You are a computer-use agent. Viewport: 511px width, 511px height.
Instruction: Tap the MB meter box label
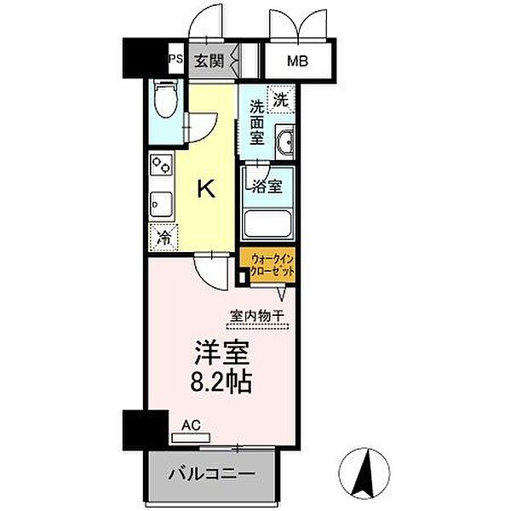click(x=296, y=61)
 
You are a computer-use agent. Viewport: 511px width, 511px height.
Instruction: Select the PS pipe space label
click(x=175, y=59)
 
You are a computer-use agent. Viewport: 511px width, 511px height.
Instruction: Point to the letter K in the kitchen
click(x=206, y=189)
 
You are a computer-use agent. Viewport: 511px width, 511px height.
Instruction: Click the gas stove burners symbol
click(x=161, y=167)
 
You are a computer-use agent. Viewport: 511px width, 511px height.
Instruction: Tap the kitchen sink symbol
click(x=159, y=205)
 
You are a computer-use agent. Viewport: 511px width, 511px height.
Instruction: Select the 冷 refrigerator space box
click(x=162, y=238)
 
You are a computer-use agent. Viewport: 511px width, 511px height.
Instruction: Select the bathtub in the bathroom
click(x=269, y=224)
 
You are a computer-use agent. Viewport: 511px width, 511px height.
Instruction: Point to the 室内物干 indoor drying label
click(x=257, y=318)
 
